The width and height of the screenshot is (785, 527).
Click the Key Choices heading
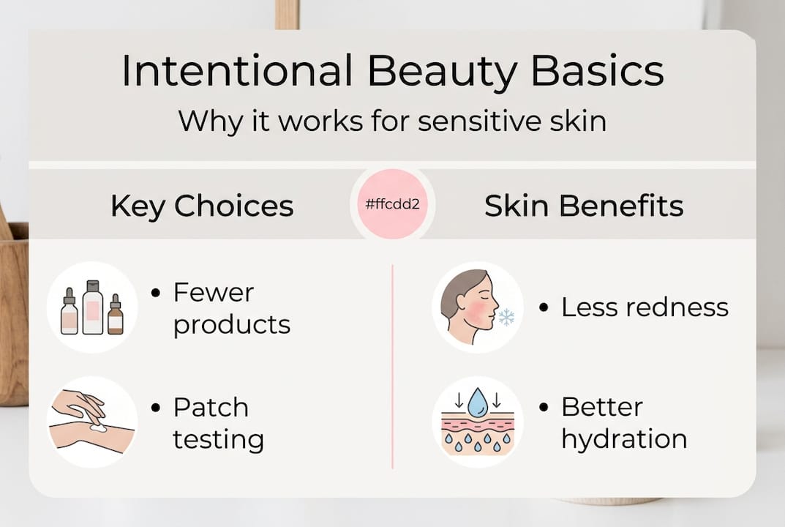click(202, 206)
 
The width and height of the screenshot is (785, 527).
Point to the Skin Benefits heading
click(584, 206)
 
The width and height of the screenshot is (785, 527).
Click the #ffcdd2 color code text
click(392, 204)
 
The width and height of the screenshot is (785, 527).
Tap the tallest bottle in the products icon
click(93, 308)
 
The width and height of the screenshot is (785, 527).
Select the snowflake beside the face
click(506, 317)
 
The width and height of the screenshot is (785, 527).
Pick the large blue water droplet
click(477, 403)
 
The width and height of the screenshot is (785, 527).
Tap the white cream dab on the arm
click(98, 426)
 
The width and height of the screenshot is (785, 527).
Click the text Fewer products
click(231, 308)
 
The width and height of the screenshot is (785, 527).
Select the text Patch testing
click(218, 423)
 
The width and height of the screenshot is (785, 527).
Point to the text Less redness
click(645, 307)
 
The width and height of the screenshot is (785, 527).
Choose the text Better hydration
click(623, 423)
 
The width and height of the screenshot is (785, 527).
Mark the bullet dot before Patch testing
click(155, 408)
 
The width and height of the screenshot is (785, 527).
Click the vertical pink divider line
click(393, 366)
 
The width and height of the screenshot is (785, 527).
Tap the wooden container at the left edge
click(13, 315)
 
